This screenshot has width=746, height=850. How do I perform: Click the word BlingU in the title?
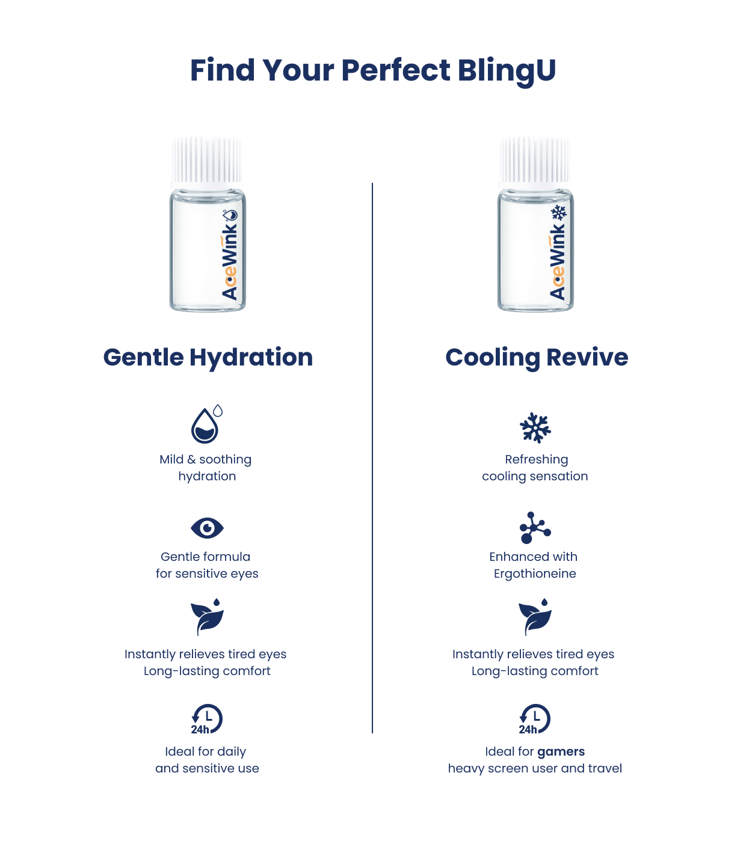[x=507, y=70]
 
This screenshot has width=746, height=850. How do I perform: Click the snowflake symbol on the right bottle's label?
[x=559, y=213]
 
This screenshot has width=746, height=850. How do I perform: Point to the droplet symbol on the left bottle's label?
[x=230, y=215]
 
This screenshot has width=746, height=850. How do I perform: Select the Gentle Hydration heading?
[x=208, y=357]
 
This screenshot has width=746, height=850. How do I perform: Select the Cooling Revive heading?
[x=537, y=357]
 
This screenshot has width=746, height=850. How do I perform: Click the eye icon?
[x=207, y=528]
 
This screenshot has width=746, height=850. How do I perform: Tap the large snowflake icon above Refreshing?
[x=535, y=427]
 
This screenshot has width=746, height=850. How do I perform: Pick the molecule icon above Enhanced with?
[x=535, y=527]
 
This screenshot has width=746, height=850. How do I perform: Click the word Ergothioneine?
[x=535, y=573]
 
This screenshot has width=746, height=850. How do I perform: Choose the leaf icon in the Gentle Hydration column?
[x=208, y=617]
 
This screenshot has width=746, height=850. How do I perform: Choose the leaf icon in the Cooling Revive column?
[x=535, y=617]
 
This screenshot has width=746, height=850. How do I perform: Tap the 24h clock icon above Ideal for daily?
[x=207, y=719]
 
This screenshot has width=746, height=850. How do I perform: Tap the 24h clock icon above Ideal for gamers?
[x=535, y=719]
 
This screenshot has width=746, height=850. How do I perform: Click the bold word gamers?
[x=561, y=752]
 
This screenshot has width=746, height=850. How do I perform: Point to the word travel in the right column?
[x=605, y=768]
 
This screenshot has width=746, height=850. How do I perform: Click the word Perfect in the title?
[x=396, y=70]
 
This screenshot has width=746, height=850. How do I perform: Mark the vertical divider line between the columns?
[x=372, y=457]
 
